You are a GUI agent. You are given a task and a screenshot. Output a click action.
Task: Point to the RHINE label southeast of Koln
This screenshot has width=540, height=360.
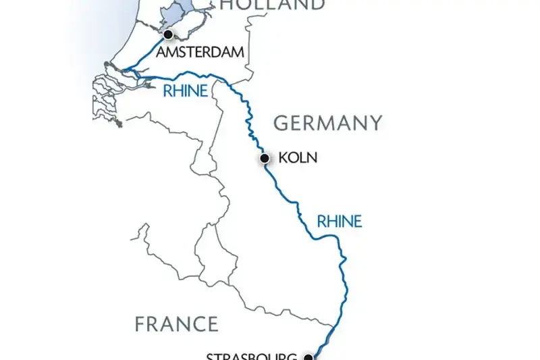point(340,221)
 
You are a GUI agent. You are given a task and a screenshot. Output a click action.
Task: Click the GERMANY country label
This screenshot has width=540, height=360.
point(327,123)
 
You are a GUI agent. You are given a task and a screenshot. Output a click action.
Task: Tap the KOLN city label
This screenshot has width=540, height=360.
point(297,159)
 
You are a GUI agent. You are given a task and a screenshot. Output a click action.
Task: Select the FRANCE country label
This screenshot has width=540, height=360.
point(177,324)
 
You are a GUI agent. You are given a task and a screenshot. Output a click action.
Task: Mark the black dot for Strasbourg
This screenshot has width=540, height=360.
point(308,356)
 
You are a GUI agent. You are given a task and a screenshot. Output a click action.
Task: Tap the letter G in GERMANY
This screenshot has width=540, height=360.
point(281,123)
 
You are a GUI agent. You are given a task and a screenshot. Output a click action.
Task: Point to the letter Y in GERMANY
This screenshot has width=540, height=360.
point(375,123)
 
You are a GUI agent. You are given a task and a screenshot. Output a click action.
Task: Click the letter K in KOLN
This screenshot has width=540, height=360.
point(283,159)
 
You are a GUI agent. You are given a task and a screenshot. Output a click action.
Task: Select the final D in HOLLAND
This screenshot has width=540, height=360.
point(315,5)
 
